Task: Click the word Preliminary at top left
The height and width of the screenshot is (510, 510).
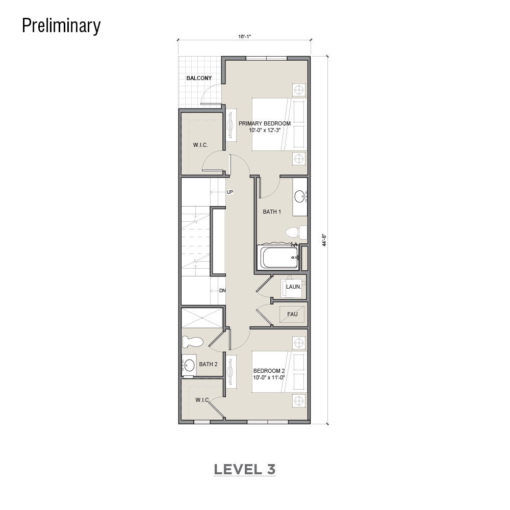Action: pos(61,26)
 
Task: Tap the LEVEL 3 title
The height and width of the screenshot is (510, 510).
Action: pos(245,469)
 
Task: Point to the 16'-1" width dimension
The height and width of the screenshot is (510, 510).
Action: pos(244,36)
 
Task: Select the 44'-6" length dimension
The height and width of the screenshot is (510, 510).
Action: pos(324,240)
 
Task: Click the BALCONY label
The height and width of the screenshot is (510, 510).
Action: pos(199,78)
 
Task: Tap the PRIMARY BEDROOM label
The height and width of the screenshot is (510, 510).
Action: pos(264,123)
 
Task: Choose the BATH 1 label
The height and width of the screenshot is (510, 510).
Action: pos(272,212)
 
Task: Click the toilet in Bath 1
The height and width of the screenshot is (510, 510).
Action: pos(296,232)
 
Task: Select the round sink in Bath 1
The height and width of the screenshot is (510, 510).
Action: pos(300,196)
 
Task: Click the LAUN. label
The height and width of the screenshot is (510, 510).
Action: pos(293,287)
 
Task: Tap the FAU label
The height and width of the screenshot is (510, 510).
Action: pos(292,314)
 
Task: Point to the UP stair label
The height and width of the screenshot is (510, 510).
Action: pos(229,192)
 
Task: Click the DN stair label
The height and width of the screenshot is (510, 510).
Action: pos(222,291)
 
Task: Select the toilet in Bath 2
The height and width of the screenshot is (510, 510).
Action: pos(193,342)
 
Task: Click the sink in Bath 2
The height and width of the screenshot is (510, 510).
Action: pos(188,365)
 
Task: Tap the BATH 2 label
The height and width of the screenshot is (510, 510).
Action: pos(208,364)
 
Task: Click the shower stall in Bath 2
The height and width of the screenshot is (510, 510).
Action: pos(202,317)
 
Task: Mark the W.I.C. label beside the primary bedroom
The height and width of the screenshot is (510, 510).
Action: pos(200,145)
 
